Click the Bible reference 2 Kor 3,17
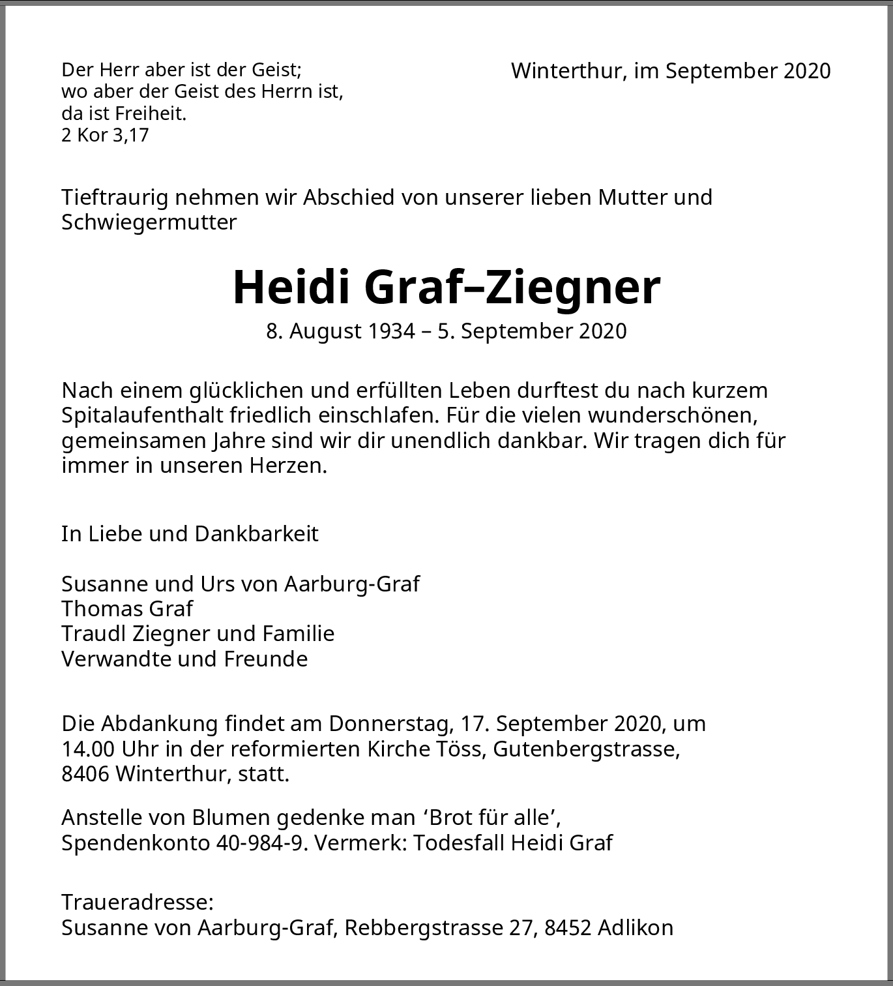click(105, 136)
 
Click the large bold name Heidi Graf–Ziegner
click(446, 287)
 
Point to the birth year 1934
click(391, 331)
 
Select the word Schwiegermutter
click(149, 222)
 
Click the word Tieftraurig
click(115, 198)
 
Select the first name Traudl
click(95, 634)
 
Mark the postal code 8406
click(85, 774)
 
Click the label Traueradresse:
click(138, 903)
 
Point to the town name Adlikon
click(635, 928)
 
